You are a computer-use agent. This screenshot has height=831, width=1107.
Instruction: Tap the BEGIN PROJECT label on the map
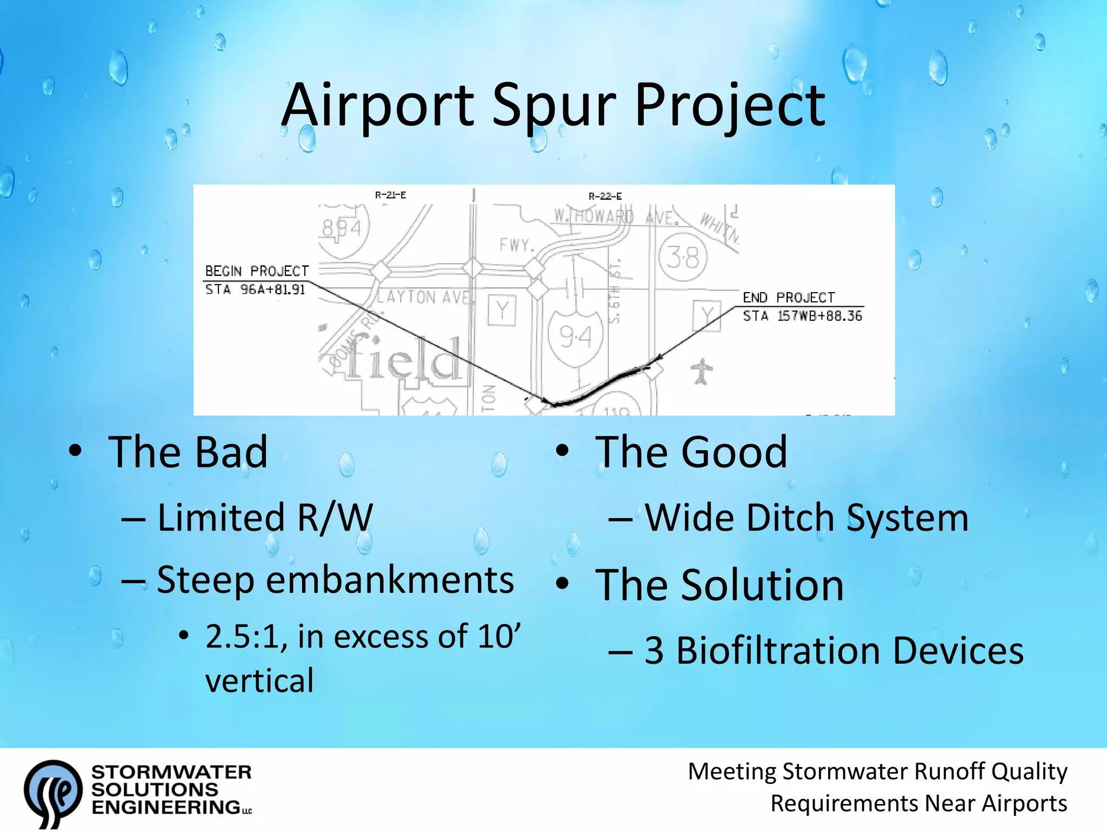pos(257,271)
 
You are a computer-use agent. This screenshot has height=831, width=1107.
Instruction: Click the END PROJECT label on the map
pos(788,298)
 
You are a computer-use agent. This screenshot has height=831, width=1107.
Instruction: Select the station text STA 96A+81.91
pos(255,289)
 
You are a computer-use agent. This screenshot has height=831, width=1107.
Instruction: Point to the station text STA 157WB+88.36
pos(802,316)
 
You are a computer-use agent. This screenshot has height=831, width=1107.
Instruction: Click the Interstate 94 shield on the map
pos(575,337)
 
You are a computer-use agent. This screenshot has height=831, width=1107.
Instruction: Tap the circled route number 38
pos(683,258)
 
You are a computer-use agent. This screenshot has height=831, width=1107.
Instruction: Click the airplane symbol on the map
pos(702,372)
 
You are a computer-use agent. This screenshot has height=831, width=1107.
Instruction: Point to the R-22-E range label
pos(605,196)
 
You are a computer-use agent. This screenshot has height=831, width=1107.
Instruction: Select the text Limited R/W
pos(265,518)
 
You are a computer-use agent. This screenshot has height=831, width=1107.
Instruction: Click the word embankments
pos(390,581)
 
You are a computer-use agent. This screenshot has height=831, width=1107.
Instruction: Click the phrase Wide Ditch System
pos(806,518)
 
